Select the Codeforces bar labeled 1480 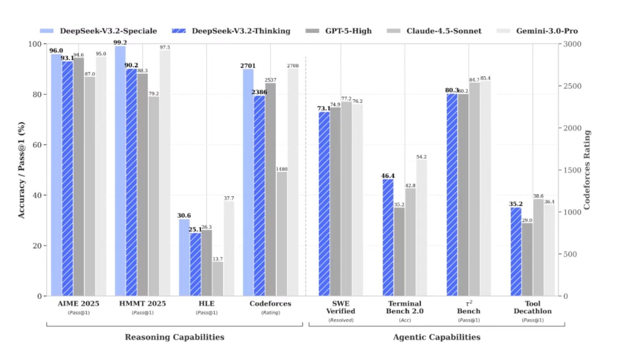pos(282,234)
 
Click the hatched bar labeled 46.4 pos(388,237)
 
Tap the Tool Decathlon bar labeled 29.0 pos(527,259)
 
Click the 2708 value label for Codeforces pos(293,66)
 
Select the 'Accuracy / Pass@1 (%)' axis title pos(21,170)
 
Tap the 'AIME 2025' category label pos(79,304)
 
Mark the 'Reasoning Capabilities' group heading pos(175,337)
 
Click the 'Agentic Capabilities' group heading pos(437,337)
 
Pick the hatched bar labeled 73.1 pos(324,204)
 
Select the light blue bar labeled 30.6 pos(184,257)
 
